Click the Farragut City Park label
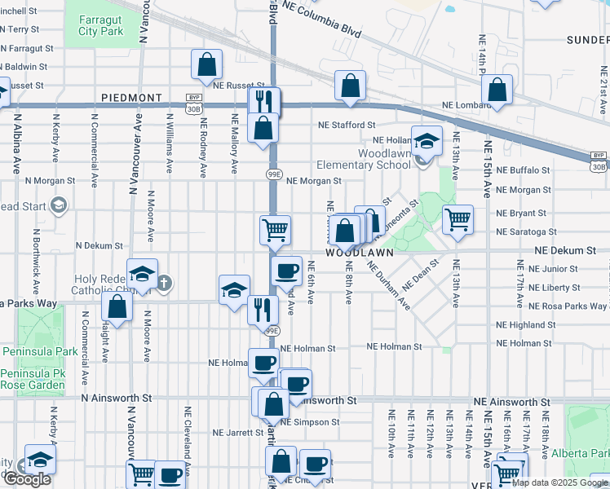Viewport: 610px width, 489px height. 101,24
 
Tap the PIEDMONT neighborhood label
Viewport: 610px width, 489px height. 132,97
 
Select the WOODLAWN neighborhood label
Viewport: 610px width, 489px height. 361,253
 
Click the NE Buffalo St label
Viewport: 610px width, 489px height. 524,170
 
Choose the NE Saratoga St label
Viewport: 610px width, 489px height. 526,232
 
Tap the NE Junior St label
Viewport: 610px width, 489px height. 553,268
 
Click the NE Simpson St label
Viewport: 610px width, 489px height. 310,422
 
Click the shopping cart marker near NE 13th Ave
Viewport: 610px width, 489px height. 457,218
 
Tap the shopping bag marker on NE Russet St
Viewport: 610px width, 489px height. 207,64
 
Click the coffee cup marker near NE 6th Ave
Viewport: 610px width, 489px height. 286,271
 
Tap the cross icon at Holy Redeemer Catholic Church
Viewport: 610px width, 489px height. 165,284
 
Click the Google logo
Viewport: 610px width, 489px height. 27,479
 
